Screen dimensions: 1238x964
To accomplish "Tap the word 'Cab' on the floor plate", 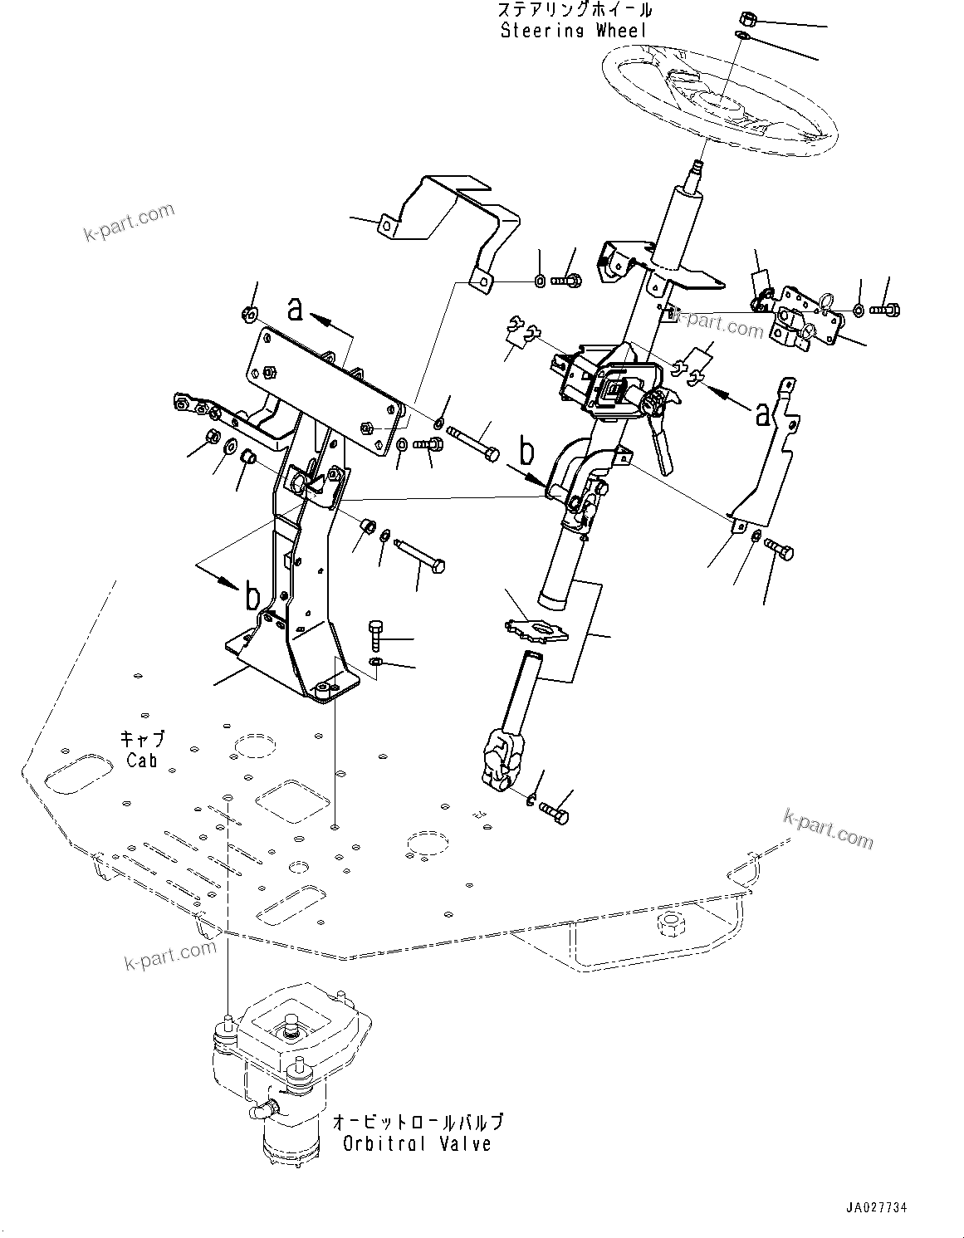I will [142, 759].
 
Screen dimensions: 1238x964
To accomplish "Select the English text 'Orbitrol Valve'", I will [417, 1143].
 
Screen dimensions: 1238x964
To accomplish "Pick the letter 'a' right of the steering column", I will [761, 413].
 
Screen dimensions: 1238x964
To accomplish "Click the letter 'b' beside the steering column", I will [526, 453].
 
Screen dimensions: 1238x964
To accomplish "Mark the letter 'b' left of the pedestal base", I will [252, 596].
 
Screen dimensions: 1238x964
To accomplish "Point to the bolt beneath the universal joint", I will [554, 812].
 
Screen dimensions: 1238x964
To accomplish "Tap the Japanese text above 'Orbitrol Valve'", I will [417, 1123].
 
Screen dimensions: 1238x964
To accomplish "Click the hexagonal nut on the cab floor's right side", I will [667, 923].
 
